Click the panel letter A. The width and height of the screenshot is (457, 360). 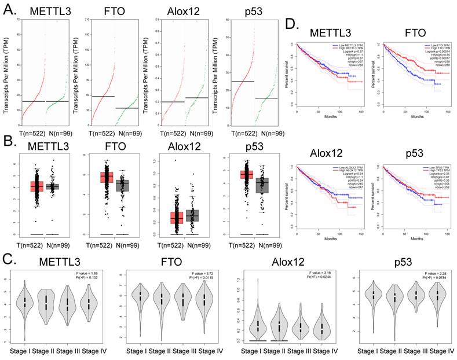click(9, 8)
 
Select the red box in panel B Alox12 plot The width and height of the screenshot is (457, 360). click(177, 217)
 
